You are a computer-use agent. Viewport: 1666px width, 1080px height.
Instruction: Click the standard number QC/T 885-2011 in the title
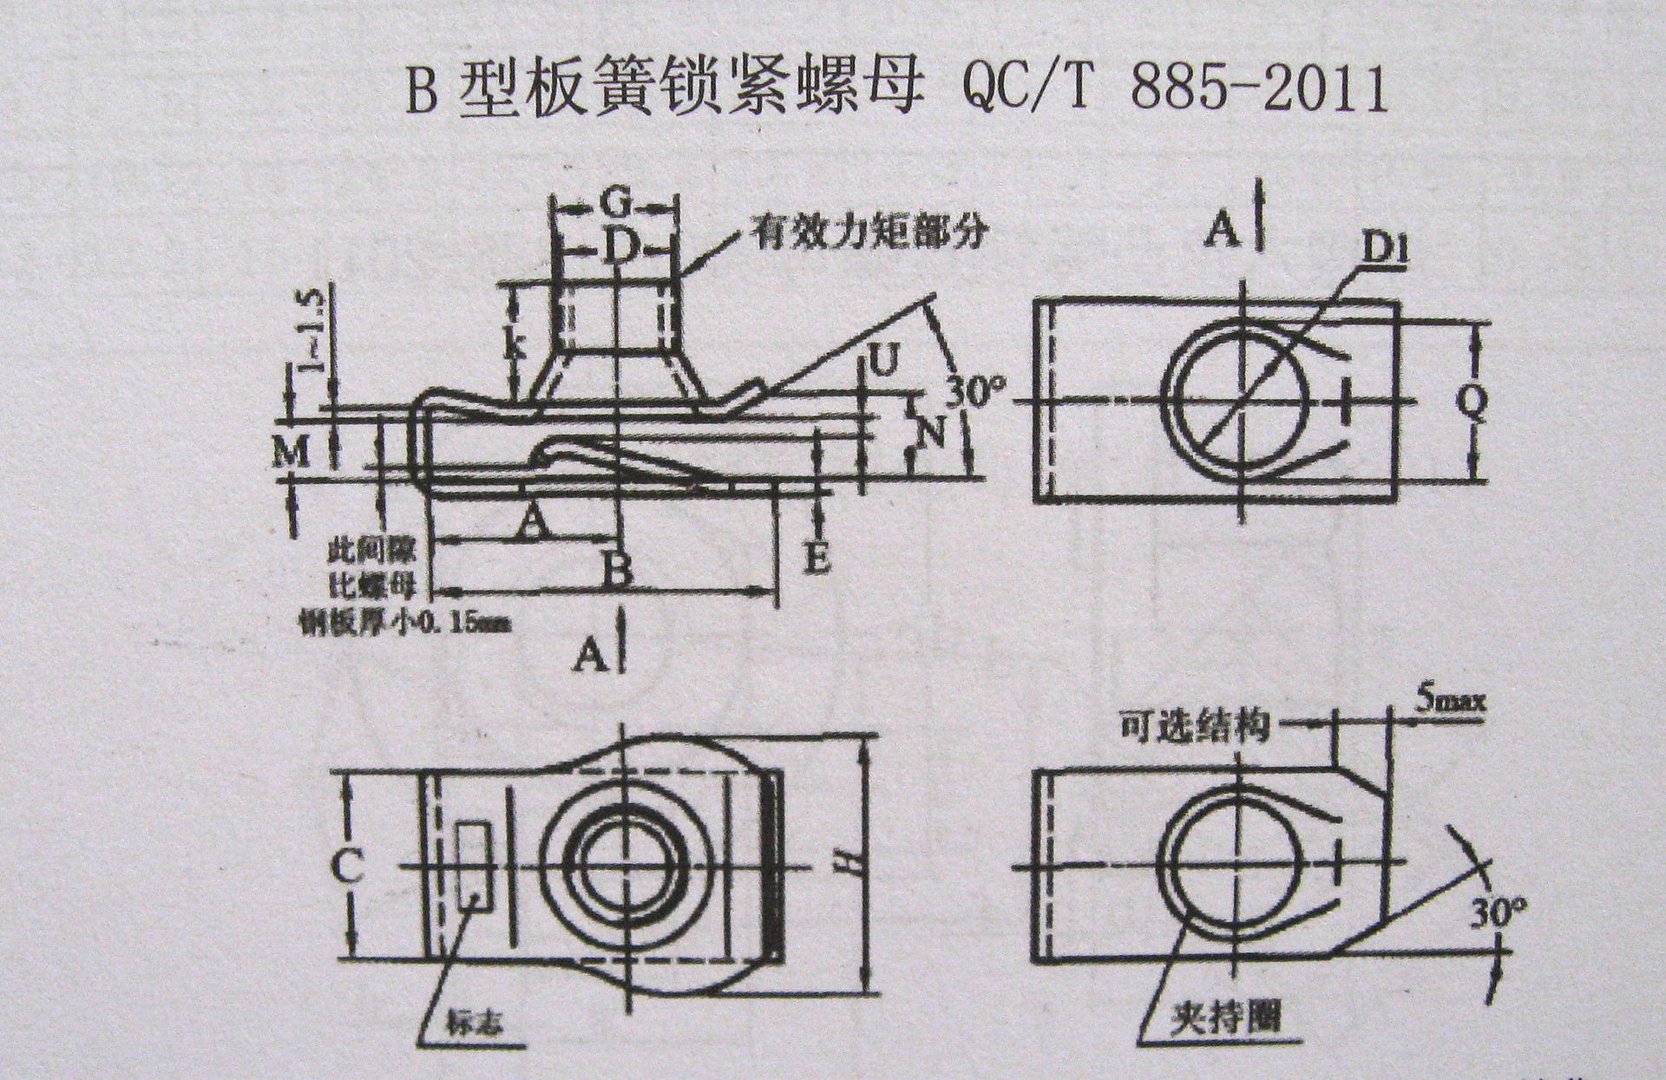(x=1176, y=91)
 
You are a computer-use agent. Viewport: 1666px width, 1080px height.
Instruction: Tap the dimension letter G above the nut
(x=614, y=205)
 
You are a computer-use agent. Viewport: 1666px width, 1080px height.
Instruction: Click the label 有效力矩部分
(x=870, y=235)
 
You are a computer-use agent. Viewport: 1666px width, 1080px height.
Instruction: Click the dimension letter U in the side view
(x=882, y=362)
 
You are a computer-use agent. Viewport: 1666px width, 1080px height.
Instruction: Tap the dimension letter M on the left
(x=291, y=451)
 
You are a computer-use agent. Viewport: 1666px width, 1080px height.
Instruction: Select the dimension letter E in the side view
(x=816, y=557)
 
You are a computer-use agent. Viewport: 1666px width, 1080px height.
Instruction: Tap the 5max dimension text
(x=1450, y=701)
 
